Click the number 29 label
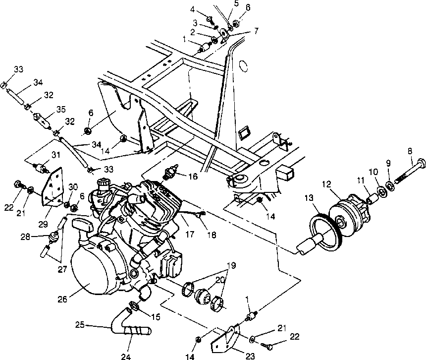pos(43,224)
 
